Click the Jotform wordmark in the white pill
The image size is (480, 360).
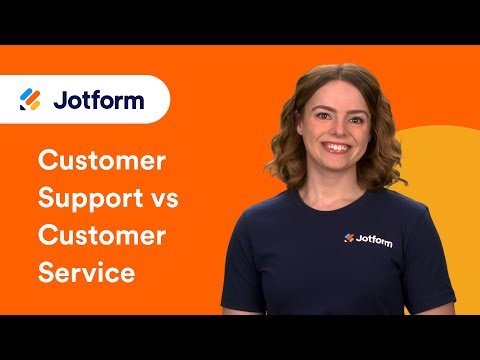tap(101, 99)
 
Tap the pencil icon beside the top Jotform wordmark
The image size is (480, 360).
tap(30, 99)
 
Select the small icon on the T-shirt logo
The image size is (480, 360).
tap(349, 238)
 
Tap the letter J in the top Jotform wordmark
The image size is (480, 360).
tap(57, 99)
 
